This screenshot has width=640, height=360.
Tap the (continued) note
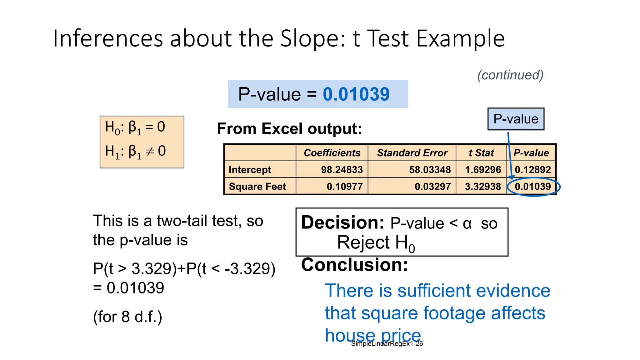510,75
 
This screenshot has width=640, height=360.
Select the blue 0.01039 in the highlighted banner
356,94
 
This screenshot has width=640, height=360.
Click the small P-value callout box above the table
516,119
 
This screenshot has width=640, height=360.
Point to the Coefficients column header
332,153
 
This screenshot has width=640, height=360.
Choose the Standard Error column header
412,153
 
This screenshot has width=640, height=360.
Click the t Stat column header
481,153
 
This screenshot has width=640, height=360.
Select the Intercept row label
250,170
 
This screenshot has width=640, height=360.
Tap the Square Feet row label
257,187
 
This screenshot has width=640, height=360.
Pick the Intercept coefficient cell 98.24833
342,170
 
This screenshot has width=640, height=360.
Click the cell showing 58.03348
430,170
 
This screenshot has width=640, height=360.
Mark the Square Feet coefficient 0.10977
345,187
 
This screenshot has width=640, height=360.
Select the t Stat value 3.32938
483,187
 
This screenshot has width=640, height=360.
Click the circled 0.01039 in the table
533,187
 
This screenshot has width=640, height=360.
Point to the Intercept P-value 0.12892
533,170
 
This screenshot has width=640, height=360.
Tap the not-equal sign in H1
150,152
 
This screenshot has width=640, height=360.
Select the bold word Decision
342,223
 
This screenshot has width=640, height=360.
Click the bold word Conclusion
354,265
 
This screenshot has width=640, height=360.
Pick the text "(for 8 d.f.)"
127,317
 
